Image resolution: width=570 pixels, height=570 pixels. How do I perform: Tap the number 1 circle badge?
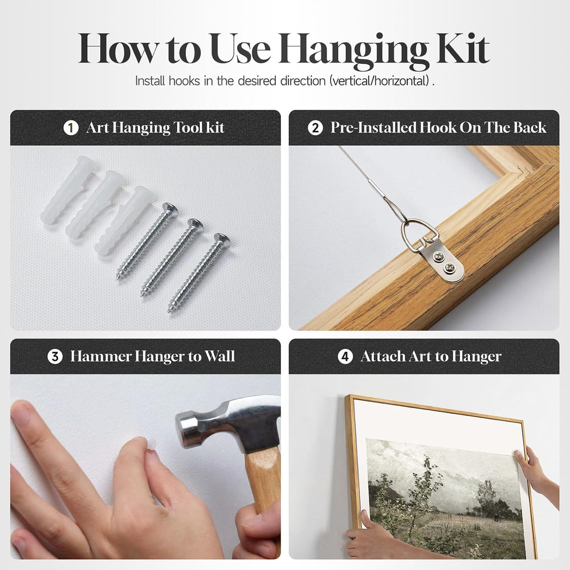click(x=71, y=128)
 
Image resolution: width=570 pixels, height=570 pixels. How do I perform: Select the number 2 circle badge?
click(x=315, y=128)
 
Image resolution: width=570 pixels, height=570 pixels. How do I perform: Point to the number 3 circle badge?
click(x=55, y=357)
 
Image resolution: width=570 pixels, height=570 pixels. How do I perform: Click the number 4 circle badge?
click(x=345, y=357)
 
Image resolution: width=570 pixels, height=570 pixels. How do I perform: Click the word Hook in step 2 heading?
click(x=438, y=128)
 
